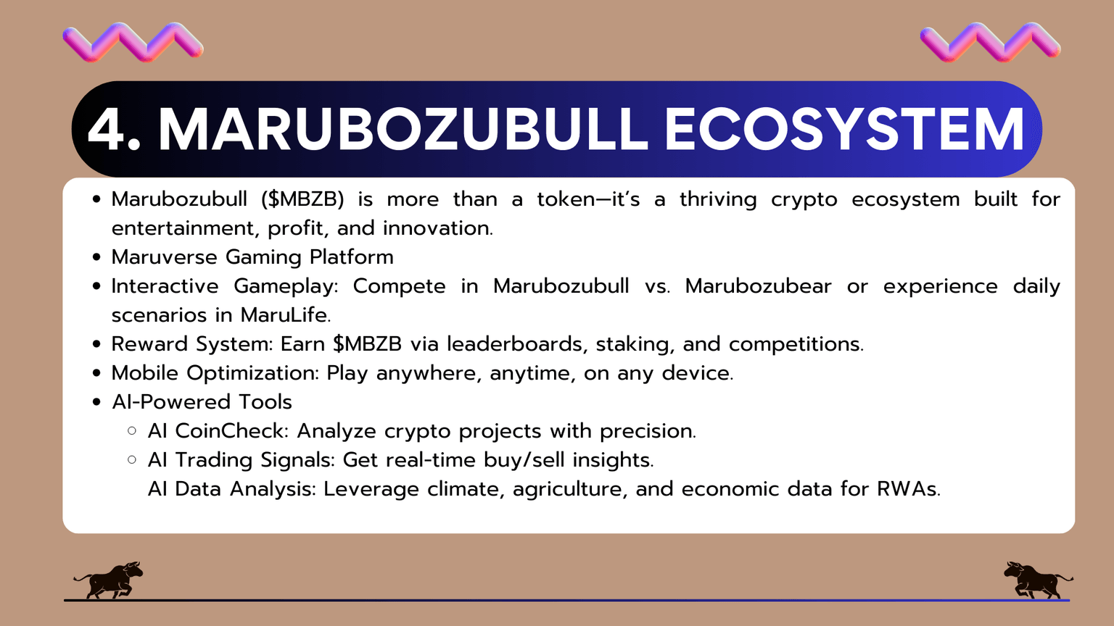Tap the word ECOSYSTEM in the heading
[843, 130]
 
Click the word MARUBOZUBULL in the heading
[403, 130]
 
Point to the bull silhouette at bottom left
[109, 580]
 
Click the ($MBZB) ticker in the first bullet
[302, 199]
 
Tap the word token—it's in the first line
[588, 199]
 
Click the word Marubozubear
[758, 286]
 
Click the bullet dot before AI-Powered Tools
[97, 402]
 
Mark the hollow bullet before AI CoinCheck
[132, 431]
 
